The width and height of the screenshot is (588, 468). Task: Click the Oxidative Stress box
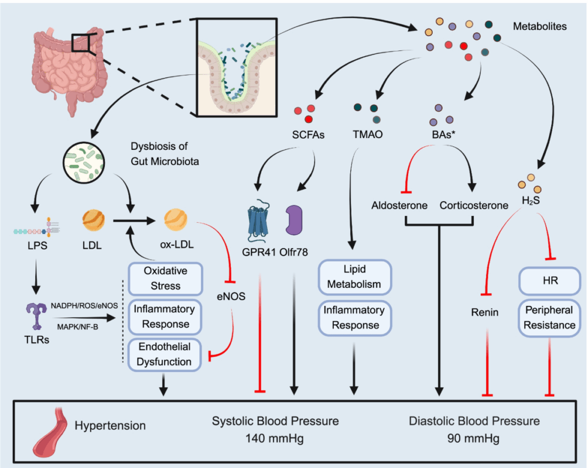165,278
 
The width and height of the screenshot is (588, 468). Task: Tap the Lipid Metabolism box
354,277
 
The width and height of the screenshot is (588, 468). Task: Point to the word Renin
485,312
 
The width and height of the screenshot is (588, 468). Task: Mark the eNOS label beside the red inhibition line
231,295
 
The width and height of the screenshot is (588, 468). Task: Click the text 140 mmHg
275,437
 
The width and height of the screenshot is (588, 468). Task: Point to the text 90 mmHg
474,437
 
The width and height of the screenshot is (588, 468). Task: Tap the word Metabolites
539,27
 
